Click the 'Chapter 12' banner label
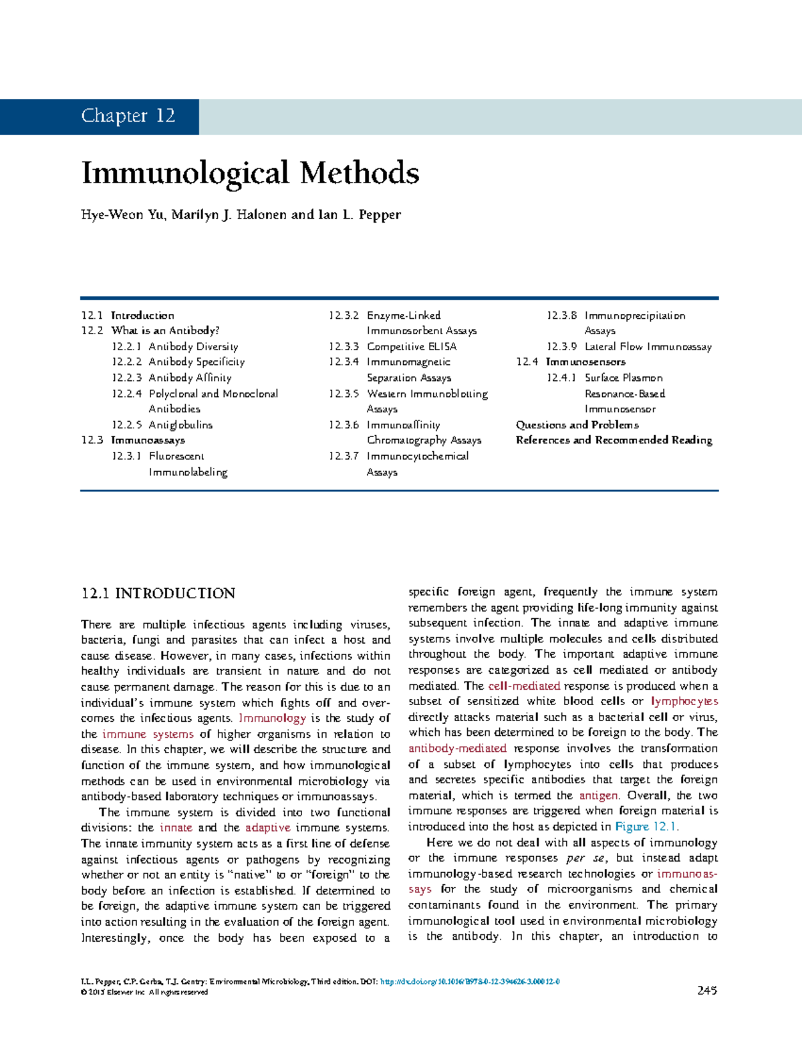[128, 116]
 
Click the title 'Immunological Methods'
[250, 173]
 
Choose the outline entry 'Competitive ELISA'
[412, 347]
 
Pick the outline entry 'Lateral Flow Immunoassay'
[648, 347]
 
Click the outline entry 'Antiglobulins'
[180, 425]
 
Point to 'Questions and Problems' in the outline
[577, 425]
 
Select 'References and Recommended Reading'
[614, 440]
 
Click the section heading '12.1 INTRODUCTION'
[158, 594]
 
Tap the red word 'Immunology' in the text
[272, 719]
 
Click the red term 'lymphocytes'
[684, 702]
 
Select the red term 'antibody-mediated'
[457, 749]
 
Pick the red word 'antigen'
[599, 796]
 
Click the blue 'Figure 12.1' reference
[646, 827]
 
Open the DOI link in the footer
[469, 982]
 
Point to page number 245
[707, 991]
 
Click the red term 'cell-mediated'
[524, 686]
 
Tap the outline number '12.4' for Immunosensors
[527, 362]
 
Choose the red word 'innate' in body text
[176, 828]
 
